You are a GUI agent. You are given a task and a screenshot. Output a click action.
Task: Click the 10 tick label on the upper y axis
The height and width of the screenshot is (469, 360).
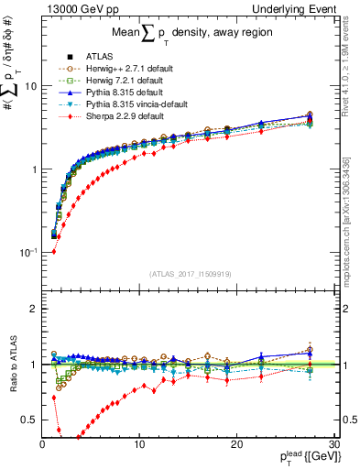30,86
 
